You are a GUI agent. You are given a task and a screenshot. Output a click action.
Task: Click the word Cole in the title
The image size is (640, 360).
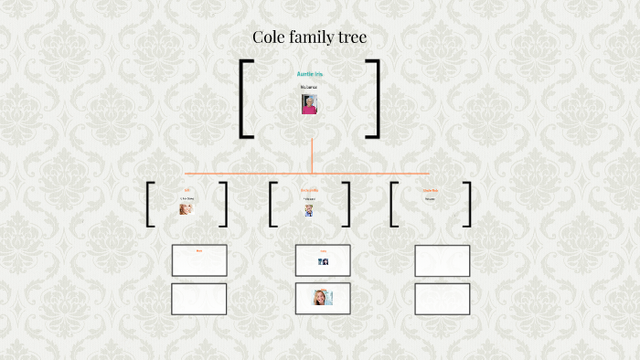[x=273, y=37]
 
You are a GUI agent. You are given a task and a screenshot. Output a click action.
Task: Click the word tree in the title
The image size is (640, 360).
[x=349, y=37]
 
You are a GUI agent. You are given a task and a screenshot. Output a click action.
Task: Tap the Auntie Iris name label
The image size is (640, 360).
[x=310, y=73]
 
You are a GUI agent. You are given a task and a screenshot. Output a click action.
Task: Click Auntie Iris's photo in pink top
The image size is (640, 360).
[x=309, y=103]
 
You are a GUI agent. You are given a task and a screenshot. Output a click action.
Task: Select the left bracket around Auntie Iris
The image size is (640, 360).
[x=245, y=99]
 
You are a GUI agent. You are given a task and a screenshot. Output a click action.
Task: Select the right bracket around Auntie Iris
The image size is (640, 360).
[x=373, y=99]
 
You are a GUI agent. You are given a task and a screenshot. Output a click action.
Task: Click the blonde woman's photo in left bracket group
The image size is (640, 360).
[x=187, y=208]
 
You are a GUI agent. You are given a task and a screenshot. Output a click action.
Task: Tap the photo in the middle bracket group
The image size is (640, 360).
[x=309, y=210]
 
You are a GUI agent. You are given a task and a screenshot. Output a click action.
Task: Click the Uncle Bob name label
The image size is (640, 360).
[x=430, y=190]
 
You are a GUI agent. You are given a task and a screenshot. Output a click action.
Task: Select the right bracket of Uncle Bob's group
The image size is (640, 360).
[x=467, y=204]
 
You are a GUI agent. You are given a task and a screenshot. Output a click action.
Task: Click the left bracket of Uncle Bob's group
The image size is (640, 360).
[x=393, y=204]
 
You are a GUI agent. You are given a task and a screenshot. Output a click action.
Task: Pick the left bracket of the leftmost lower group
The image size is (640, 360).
[x=148, y=204]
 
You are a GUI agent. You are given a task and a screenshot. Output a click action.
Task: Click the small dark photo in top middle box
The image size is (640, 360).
[x=323, y=261]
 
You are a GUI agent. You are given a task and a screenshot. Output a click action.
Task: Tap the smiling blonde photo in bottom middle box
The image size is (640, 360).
[x=322, y=297]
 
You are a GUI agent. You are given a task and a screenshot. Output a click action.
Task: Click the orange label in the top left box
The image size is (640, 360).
[x=198, y=249]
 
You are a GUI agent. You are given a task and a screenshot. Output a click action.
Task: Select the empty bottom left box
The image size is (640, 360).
[x=199, y=299]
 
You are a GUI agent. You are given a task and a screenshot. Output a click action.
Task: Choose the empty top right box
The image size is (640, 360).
[x=442, y=260]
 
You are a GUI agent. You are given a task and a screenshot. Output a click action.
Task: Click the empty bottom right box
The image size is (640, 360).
[x=442, y=299]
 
